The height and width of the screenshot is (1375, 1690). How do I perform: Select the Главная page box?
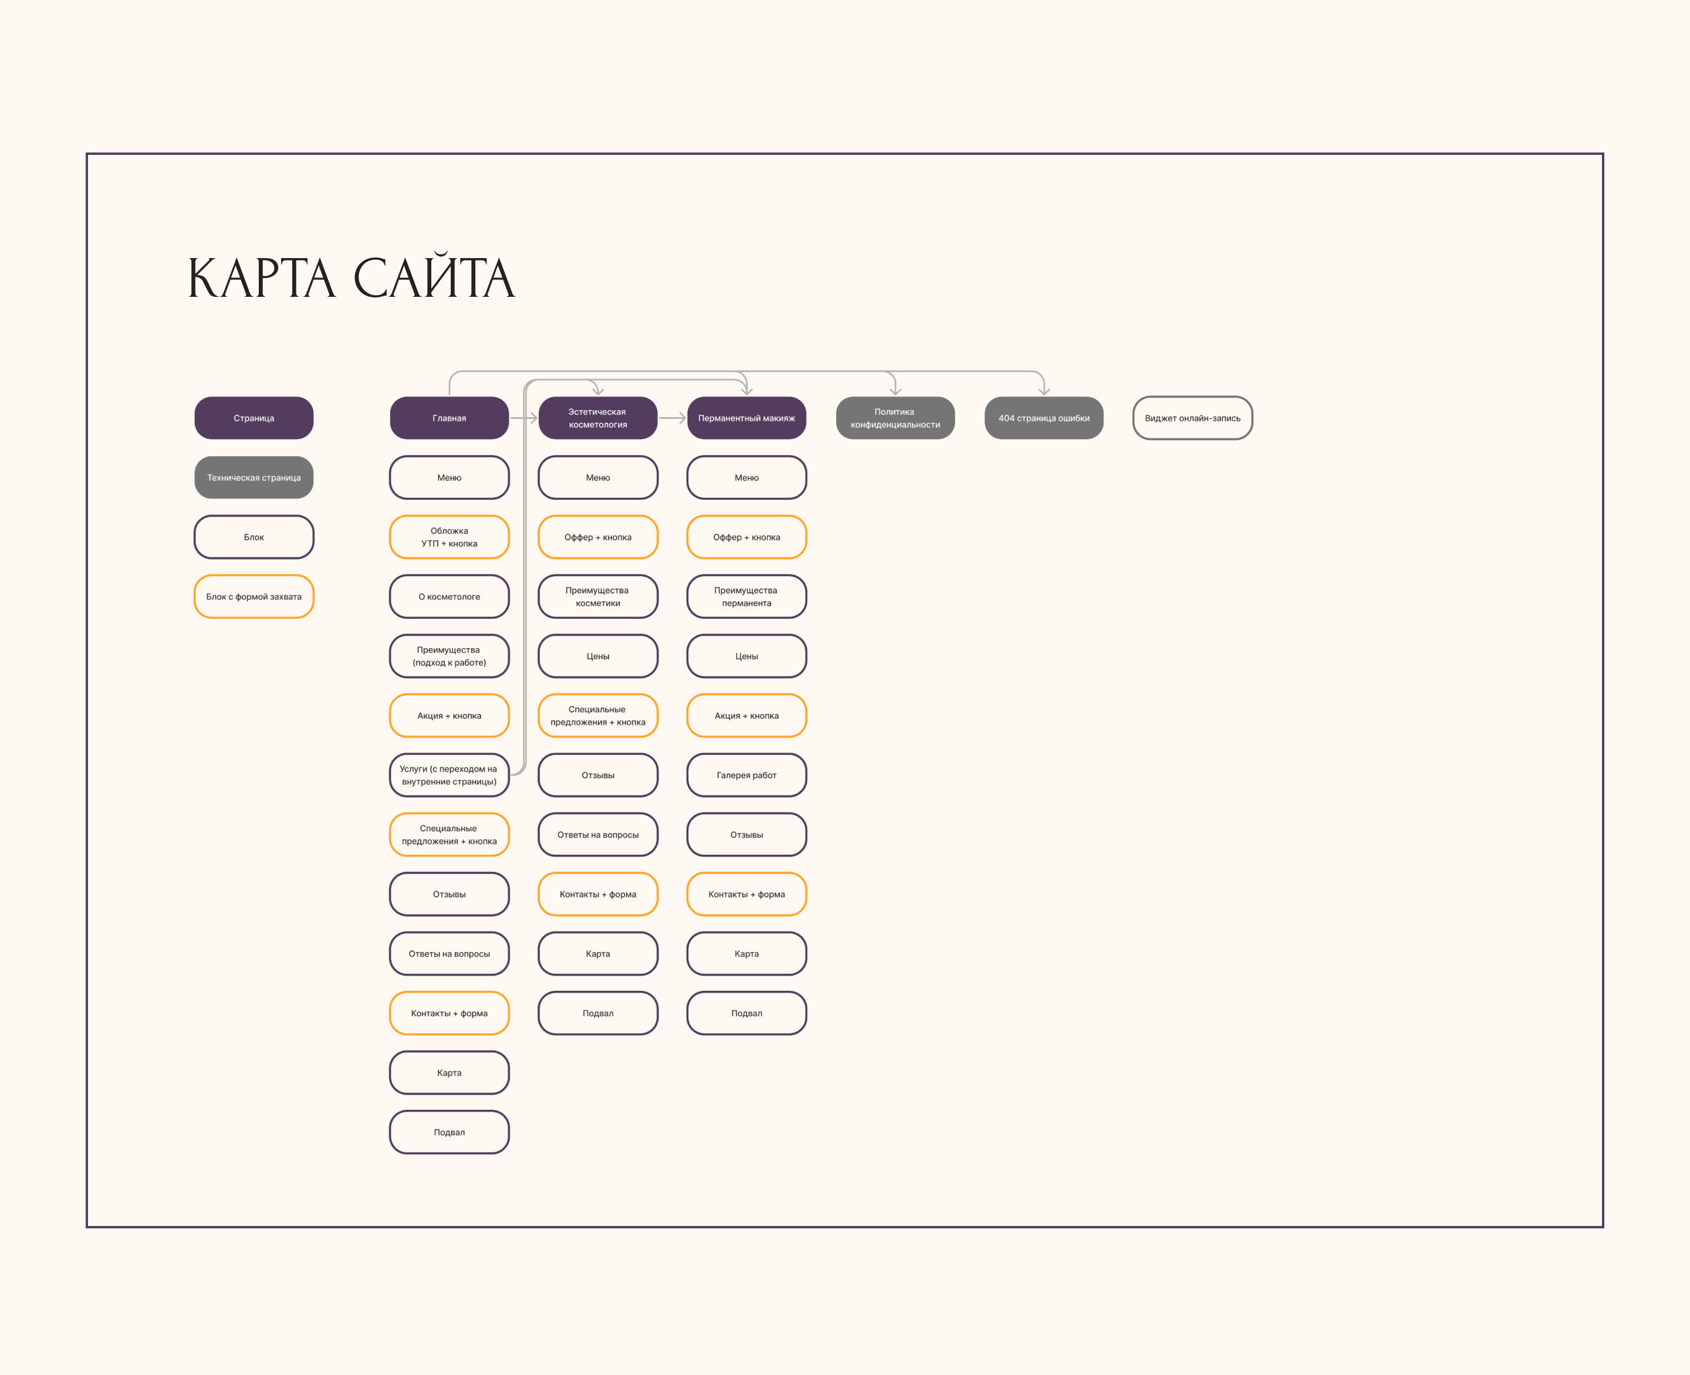pyautogui.click(x=449, y=418)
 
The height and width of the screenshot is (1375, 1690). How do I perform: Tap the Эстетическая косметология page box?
pyautogui.click(x=597, y=418)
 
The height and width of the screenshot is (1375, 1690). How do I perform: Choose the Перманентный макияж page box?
pyautogui.click(x=746, y=418)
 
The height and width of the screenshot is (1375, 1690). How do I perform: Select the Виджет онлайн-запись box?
pyautogui.click(x=1192, y=418)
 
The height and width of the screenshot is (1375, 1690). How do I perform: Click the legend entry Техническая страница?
pyautogui.click(x=253, y=477)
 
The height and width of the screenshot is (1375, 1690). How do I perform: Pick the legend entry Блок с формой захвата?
pyautogui.click(x=253, y=597)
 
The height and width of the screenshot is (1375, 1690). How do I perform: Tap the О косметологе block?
pyautogui.click(x=449, y=597)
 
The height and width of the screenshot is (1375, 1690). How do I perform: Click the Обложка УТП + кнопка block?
pyautogui.click(x=449, y=537)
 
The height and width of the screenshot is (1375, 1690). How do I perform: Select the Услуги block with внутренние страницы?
pyautogui.click(x=449, y=775)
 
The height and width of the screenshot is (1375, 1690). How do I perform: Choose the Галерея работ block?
pyautogui.click(x=746, y=775)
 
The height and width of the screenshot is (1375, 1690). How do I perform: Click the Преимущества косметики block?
pyautogui.click(x=597, y=597)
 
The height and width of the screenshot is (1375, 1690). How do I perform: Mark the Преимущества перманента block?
pyautogui.click(x=746, y=597)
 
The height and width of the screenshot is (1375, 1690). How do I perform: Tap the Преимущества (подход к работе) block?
pyautogui.click(x=449, y=656)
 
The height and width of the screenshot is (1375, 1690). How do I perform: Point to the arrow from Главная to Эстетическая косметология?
pyautogui.click(x=523, y=418)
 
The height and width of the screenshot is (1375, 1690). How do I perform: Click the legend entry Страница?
pyautogui.click(x=253, y=418)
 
